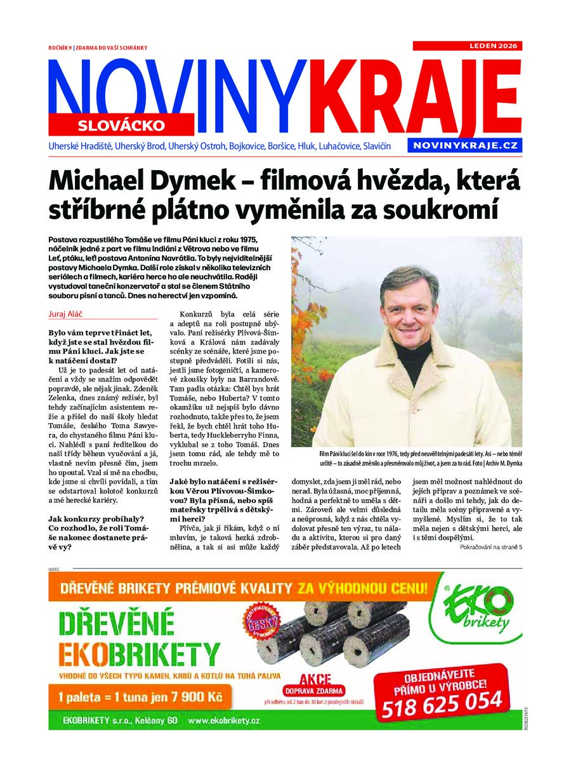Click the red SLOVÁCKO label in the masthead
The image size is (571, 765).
[x=121, y=125]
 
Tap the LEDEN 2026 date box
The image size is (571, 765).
[x=467, y=46]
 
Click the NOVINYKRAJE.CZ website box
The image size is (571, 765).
[x=464, y=145]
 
